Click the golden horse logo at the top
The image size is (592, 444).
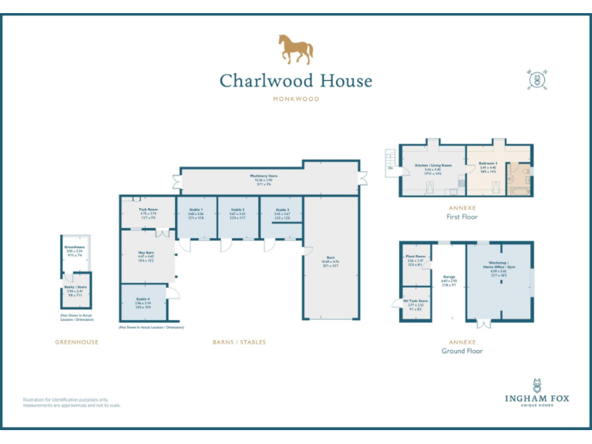click(x=296, y=49)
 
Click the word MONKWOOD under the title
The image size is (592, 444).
click(x=296, y=99)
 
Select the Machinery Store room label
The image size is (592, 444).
click(x=264, y=178)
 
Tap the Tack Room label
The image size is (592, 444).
click(x=147, y=212)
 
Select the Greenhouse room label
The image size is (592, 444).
click(x=74, y=249)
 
